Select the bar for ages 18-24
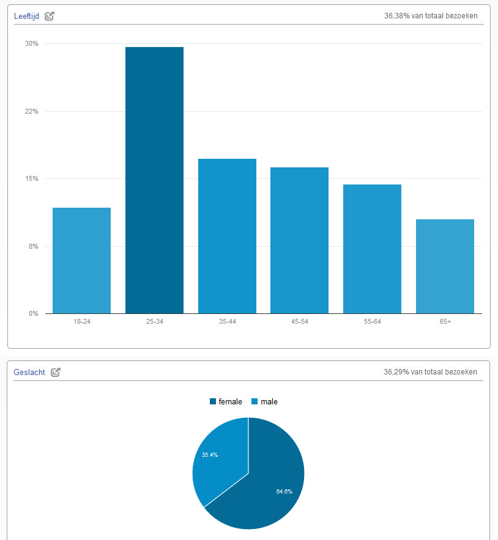tap(81, 261)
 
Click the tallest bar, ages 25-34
tap(154, 180)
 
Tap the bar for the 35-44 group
tap(227, 236)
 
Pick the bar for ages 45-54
tap(299, 241)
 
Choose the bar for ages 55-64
tap(372, 249)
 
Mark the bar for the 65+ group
tap(445, 266)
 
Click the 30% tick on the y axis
tap(32, 44)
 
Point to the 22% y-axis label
tap(32, 111)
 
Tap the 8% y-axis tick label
tap(34, 246)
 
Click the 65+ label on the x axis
tap(445, 322)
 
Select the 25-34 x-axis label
tap(154, 322)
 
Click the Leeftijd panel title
tap(26, 16)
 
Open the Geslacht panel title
tap(29, 372)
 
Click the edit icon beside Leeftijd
tap(50, 16)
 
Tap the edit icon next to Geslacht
tap(56, 372)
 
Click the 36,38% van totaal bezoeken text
tap(431, 16)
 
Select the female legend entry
tap(226, 402)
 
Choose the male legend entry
tap(264, 402)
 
